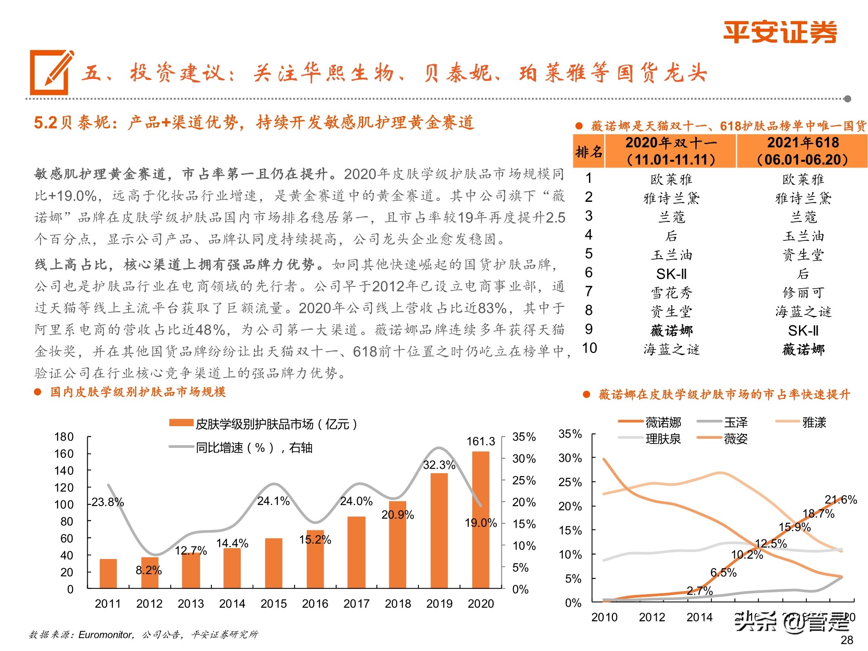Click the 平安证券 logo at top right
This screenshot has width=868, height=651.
[780, 32]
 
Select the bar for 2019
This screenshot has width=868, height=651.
[439, 530]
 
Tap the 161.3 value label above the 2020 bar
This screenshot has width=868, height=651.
[480, 441]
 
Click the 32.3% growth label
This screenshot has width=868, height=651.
[439, 465]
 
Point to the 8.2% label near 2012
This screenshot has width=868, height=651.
[148, 570]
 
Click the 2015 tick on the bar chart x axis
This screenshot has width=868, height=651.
[273, 604]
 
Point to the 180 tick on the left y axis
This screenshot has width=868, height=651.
[64, 437]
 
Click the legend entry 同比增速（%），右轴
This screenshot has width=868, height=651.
[254, 447]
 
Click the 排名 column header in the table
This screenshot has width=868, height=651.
[589, 151]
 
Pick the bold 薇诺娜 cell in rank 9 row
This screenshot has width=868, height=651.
[671, 331]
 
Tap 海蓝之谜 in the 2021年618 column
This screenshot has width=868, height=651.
[803, 312]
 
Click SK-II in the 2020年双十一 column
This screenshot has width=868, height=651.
[671, 274]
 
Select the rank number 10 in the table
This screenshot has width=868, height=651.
[589, 348]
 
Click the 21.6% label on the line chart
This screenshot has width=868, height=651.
[841, 500]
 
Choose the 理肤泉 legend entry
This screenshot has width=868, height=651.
[663, 439]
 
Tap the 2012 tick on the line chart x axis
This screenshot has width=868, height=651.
[651, 617]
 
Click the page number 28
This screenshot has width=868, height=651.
[847, 640]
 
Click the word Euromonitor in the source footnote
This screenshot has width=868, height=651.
[105, 635]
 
